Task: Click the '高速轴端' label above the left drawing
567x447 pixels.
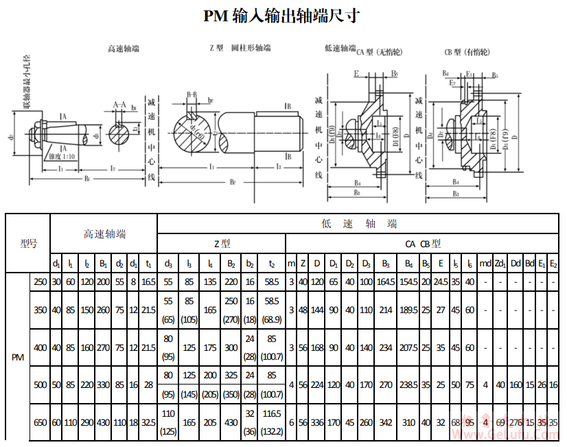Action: pos(124,48)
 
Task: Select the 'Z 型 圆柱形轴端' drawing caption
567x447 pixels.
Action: pos(240,49)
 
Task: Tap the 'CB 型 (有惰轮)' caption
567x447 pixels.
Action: pos(466,52)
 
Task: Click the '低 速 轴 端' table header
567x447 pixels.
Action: pos(359,224)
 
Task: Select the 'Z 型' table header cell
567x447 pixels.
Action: pos(222,243)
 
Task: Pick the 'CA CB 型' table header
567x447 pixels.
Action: pos(423,243)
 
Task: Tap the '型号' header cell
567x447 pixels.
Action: pos(28,243)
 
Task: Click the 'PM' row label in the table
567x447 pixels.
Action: pos(19,357)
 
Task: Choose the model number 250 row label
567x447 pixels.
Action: pos(40,282)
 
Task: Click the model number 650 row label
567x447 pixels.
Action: pos(40,422)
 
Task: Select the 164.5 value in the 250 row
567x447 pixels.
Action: pos(386,282)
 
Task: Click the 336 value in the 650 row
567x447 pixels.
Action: pos(317,422)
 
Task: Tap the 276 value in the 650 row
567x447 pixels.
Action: pos(516,422)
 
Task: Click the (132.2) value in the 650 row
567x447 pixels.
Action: pos(272,431)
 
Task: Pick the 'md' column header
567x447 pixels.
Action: pos(485,263)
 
